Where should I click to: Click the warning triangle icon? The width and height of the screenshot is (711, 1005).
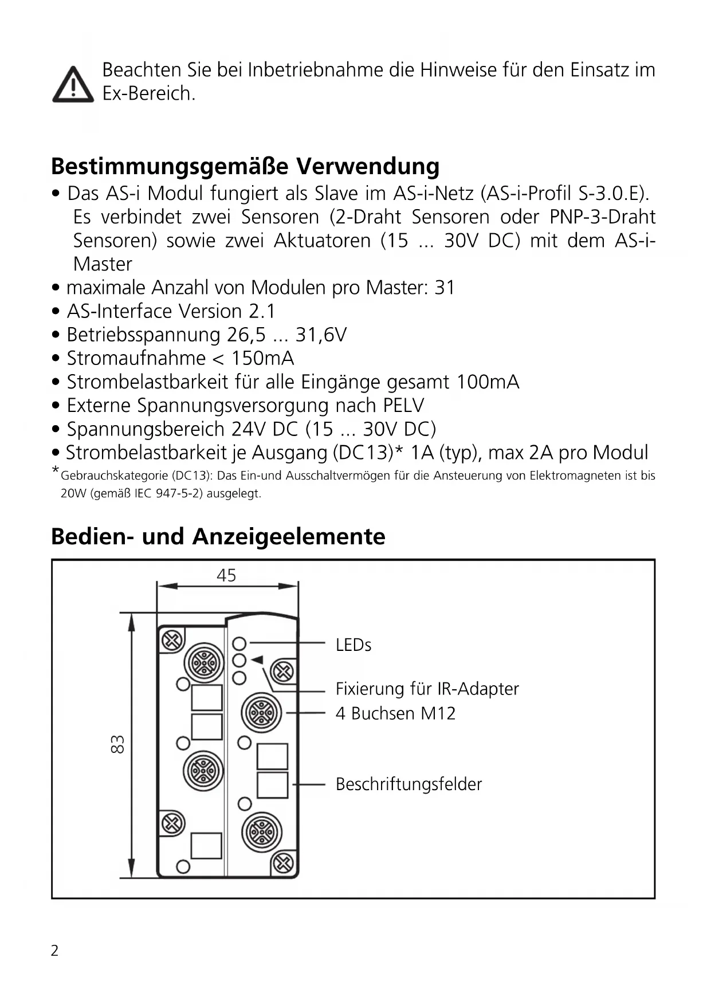point(73,85)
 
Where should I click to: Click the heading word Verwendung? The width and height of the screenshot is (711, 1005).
point(367,166)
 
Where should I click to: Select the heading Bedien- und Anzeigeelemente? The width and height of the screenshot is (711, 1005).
point(218,536)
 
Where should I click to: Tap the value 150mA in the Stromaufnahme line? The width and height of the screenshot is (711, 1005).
point(262,358)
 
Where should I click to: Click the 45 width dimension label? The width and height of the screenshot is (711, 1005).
point(226,575)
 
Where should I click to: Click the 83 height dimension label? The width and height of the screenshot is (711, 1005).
point(117,744)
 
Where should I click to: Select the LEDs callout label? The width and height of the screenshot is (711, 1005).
point(353,645)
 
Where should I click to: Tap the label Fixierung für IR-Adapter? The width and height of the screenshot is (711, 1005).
point(427,688)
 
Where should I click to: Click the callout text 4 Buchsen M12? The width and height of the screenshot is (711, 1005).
point(395,713)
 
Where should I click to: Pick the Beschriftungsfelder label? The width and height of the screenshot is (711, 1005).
point(408,784)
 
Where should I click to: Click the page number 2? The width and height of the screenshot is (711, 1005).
point(54,951)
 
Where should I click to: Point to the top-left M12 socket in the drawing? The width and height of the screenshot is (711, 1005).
point(203,664)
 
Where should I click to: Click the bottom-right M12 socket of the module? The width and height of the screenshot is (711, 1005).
point(262,831)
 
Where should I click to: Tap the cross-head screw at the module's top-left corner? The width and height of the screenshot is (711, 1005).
point(171,641)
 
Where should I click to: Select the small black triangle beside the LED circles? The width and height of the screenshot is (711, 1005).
point(257,659)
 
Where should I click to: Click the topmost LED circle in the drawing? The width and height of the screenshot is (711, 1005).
point(239,643)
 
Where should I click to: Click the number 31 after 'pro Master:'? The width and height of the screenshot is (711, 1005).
point(445,287)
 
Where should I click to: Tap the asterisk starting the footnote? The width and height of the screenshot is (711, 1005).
point(55,471)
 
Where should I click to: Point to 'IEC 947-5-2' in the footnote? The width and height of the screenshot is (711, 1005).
point(168,493)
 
